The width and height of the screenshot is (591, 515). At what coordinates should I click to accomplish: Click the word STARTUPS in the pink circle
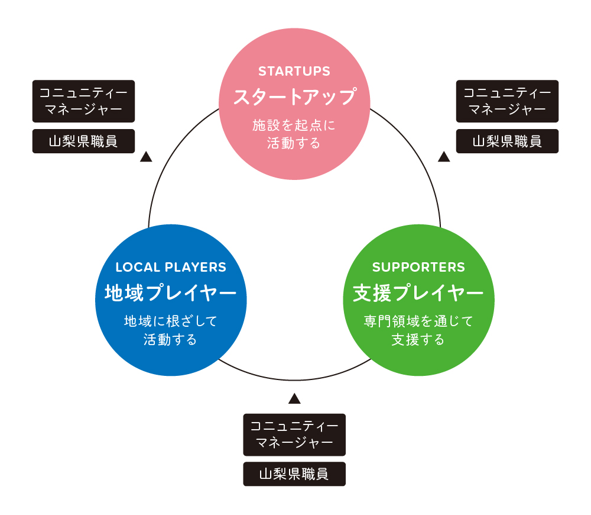coord(294,72)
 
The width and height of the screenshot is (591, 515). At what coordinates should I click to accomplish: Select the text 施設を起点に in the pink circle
coord(294,125)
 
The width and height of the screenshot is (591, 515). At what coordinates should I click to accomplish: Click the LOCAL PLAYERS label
coord(171,267)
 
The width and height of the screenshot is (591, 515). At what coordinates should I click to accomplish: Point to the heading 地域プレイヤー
coord(171,292)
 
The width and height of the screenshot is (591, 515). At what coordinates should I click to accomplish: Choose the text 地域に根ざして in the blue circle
coord(171,321)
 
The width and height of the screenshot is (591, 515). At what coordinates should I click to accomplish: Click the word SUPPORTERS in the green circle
coord(418,267)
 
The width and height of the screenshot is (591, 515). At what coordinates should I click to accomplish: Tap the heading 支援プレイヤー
coord(418,292)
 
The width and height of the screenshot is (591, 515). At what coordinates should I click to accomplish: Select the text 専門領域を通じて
coord(418,321)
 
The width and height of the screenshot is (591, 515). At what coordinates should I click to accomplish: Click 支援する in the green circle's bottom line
coord(418,340)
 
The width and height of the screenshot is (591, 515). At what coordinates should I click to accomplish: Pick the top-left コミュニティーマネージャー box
coord(83,101)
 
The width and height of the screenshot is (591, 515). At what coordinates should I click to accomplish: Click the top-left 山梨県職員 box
coord(83,141)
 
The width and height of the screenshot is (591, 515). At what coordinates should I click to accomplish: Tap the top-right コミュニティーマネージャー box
coord(507,101)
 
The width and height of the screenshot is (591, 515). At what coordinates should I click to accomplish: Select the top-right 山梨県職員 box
coord(507,141)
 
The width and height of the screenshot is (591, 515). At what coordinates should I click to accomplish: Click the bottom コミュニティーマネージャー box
coord(294,434)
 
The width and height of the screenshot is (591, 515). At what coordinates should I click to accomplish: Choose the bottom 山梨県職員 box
coord(294,474)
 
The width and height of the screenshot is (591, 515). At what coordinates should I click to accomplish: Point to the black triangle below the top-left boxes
coord(146,157)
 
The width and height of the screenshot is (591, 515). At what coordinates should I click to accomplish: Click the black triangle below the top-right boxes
coord(444,157)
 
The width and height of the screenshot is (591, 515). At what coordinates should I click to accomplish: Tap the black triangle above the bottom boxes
coord(294,398)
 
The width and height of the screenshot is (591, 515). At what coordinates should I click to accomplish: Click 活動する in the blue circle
coord(171,340)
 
